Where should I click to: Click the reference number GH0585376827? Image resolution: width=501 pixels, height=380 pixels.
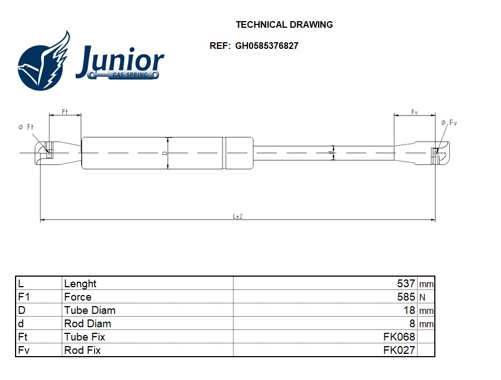(266, 46)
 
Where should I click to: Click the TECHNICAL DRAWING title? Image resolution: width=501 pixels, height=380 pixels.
(284, 24)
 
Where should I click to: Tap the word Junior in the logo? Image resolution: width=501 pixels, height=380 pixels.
(120, 61)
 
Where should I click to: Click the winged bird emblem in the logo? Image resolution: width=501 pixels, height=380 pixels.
(44, 62)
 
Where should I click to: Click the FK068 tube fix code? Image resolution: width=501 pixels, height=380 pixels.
(399, 337)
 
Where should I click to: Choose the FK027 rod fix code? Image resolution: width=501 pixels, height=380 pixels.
(399, 351)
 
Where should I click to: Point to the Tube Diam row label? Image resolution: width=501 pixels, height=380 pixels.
(90, 311)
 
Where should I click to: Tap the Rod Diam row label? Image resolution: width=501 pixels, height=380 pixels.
(87, 324)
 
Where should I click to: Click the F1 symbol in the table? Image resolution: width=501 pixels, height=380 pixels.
(23, 297)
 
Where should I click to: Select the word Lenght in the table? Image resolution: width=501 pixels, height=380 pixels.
(80, 284)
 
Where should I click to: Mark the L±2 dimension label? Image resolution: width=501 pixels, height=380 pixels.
(237, 217)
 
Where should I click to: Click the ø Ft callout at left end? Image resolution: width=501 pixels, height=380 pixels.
(26, 128)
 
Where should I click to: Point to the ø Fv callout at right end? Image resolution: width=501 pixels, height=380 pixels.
(449, 123)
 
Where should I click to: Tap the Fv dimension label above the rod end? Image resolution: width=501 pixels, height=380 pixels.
(414, 112)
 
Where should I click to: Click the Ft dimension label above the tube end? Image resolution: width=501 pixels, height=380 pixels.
(65, 112)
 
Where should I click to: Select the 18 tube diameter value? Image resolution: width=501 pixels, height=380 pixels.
(409, 311)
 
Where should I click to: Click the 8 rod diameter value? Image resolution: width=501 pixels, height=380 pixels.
(412, 324)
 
